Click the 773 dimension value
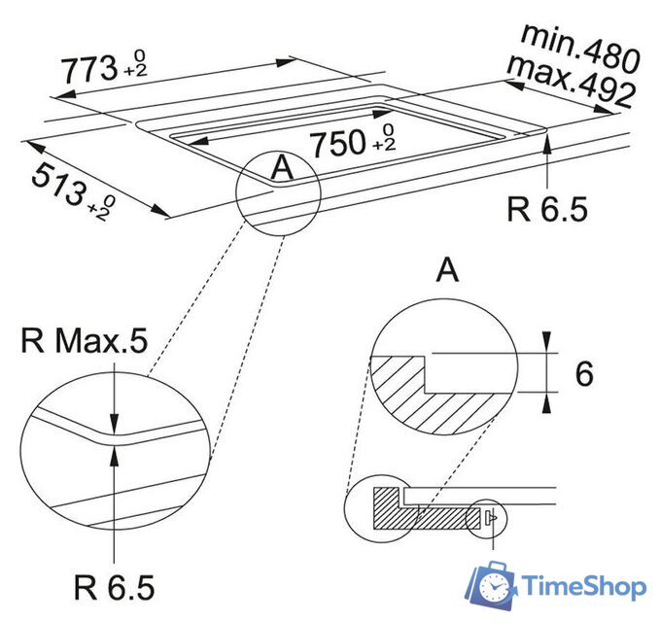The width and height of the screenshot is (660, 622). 85,68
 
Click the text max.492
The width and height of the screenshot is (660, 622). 572,83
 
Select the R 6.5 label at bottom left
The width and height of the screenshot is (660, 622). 115,587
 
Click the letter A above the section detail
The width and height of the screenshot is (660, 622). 447,271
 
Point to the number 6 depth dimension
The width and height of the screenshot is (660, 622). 583,374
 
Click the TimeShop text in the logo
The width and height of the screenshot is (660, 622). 583,587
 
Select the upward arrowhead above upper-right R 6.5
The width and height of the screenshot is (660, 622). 549,146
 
